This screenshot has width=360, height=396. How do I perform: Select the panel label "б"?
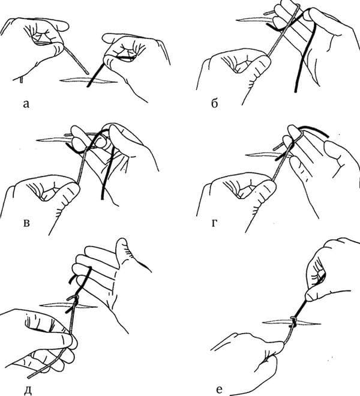click(214, 104)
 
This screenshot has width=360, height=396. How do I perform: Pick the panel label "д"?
click(26, 376)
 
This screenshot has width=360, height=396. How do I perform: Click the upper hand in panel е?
click(327, 270)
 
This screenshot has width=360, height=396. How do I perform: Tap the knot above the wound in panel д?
click(73, 298)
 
